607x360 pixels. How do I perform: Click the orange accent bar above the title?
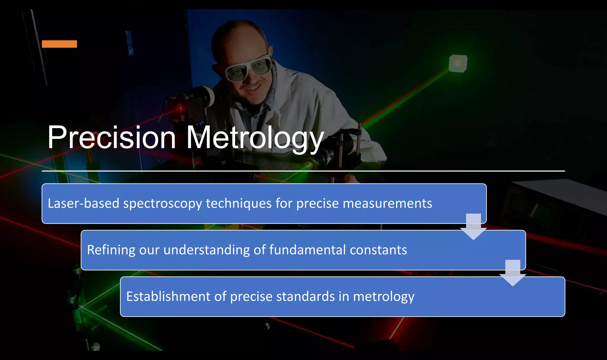click(59, 44)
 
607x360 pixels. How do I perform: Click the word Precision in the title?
click(112, 137)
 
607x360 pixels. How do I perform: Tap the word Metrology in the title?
click(255, 138)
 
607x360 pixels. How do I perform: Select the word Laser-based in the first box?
click(83, 203)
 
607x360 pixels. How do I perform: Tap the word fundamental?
click(307, 250)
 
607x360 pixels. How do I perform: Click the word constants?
click(378, 250)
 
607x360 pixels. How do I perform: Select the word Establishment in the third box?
click(168, 296)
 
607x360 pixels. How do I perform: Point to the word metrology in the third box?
click(384, 297)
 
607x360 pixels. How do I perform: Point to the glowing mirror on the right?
click(458, 63)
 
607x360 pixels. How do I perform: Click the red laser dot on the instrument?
click(180, 107)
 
